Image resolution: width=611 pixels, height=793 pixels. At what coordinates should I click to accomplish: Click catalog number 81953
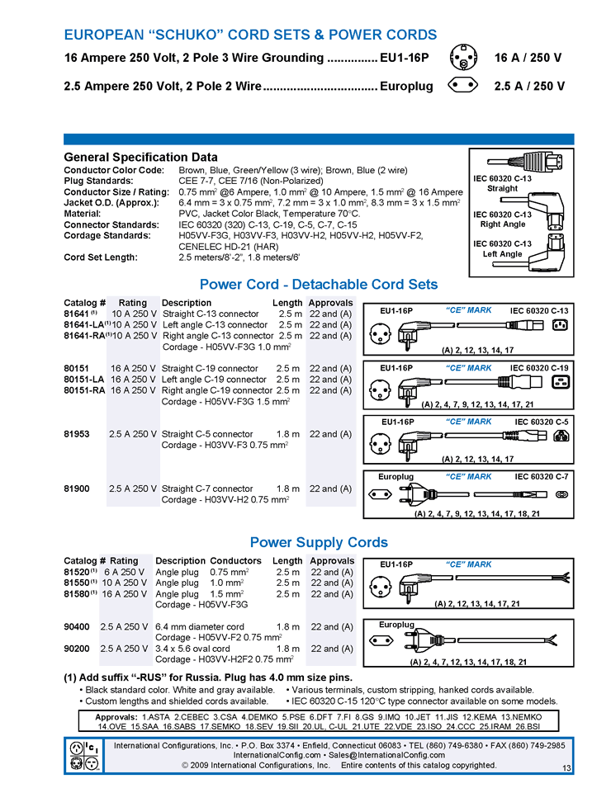[x=77, y=434]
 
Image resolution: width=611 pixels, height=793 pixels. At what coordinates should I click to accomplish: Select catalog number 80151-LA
[x=84, y=380]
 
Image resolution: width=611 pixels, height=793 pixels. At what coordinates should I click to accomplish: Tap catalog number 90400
[x=78, y=626]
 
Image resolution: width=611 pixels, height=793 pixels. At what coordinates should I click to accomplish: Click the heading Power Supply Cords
[x=319, y=542]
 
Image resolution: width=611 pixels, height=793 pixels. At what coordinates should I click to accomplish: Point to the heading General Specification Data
[x=140, y=157]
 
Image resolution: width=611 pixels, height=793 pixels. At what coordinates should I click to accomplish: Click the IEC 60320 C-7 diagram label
[x=542, y=477]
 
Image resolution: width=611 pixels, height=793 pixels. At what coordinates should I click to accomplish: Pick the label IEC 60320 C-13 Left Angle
[x=502, y=248]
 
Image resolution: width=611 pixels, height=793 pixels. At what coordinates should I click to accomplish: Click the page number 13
[x=566, y=769]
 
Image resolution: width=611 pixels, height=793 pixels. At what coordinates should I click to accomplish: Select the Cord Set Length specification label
[x=100, y=257]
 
